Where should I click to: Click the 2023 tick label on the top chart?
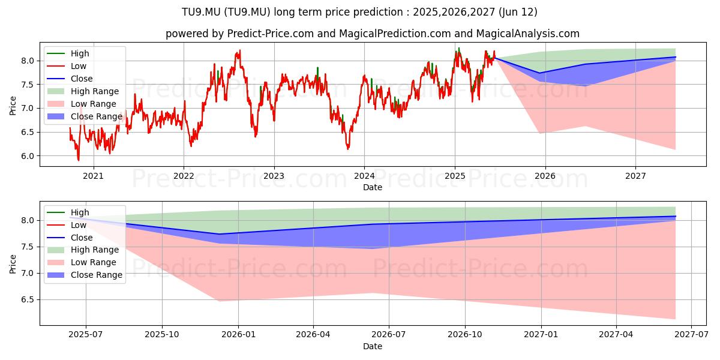coord(274,176)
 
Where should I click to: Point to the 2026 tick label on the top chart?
coord(545,176)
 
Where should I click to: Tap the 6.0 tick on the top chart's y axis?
coord(28,156)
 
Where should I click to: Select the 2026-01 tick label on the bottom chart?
coord(238,335)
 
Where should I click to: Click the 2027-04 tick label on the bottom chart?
coord(616,335)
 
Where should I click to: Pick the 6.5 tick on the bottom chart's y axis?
coord(28,299)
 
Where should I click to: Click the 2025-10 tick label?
coord(161,335)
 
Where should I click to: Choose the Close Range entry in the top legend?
coord(85,116)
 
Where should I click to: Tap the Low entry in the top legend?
coord(67,66)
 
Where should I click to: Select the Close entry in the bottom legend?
coord(70,238)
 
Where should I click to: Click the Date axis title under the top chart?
coord(373,187)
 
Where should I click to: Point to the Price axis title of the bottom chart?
coord(13,264)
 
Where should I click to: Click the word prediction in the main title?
coord(378,12)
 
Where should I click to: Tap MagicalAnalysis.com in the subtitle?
coord(527,34)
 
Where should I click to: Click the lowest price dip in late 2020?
coord(78,160)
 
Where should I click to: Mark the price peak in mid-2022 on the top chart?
coord(240,50)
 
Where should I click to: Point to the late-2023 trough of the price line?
coord(348,149)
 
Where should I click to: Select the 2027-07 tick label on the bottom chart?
coord(691,335)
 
